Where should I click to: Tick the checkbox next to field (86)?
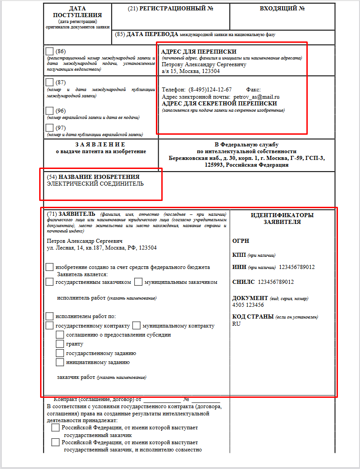(x=50, y=51)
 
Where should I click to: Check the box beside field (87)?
(x=50, y=82)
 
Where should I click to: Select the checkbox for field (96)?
(x=50, y=110)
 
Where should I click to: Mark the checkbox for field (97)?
(x=50, y=127)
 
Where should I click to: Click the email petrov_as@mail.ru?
(x=257, y=97)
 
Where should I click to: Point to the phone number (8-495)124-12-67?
(x=210, y=90)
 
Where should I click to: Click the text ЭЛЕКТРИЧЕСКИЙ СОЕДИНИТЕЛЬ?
(x=96, y=184)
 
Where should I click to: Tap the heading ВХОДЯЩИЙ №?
(x=283, y=9)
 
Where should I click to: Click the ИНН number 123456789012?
(x=297, y=267)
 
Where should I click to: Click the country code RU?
(x=237, y=324)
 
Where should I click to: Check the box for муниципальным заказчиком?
(x=138, y=282)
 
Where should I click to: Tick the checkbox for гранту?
(x=59, y=344)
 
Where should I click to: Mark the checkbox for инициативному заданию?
(x=59, y=362)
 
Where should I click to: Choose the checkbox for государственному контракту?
(x=50, y=325)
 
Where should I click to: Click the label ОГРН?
(x=241, y=241)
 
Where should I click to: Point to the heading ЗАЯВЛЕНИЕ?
(x=100, y=144)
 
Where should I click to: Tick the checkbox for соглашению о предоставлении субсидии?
(x=59, y=335)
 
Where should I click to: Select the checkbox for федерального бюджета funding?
(x=50, y=267)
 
